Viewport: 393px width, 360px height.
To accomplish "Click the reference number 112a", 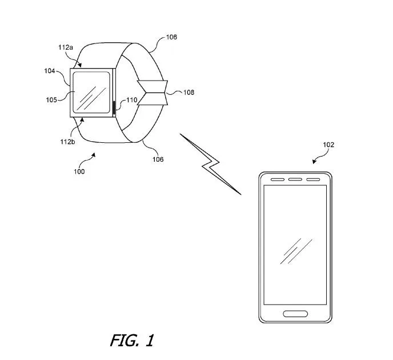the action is click(x=66, y=47).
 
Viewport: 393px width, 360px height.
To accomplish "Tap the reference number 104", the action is click(x=50, y=71).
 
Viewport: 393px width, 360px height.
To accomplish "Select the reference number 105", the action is click(x=51, y=100).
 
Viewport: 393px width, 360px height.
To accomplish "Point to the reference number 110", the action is click(x=132, y=100).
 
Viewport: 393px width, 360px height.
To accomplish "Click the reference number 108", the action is click(x=189, y=93).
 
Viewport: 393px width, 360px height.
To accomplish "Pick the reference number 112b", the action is click(x=67, y=142).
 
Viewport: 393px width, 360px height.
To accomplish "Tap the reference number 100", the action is click(x=79, y=171).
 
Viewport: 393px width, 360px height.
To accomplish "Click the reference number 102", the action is click(x=328, y=145).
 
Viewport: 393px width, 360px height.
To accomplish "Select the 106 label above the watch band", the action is click(x=172, y=37).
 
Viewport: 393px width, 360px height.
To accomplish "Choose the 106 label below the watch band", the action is click(x=158, y=159).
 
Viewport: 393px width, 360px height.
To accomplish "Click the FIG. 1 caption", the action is click(x=132, y=341).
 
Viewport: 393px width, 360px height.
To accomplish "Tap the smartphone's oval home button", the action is click(x=295, y=314).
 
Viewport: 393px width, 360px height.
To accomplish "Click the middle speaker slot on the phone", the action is click(x=295, y=179).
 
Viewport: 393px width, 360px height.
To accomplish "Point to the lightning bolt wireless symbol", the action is click(x=210, y=164).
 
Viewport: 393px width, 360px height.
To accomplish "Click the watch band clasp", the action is click(x=153, y=93).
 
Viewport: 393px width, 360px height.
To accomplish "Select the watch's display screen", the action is click(x=91, y=92).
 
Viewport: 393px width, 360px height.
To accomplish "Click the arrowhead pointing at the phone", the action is click(x=314, y=162).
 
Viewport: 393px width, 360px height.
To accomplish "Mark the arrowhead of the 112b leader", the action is click(x=82, y=120).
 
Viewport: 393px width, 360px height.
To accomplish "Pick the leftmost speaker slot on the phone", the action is click(x=278, y=179).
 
